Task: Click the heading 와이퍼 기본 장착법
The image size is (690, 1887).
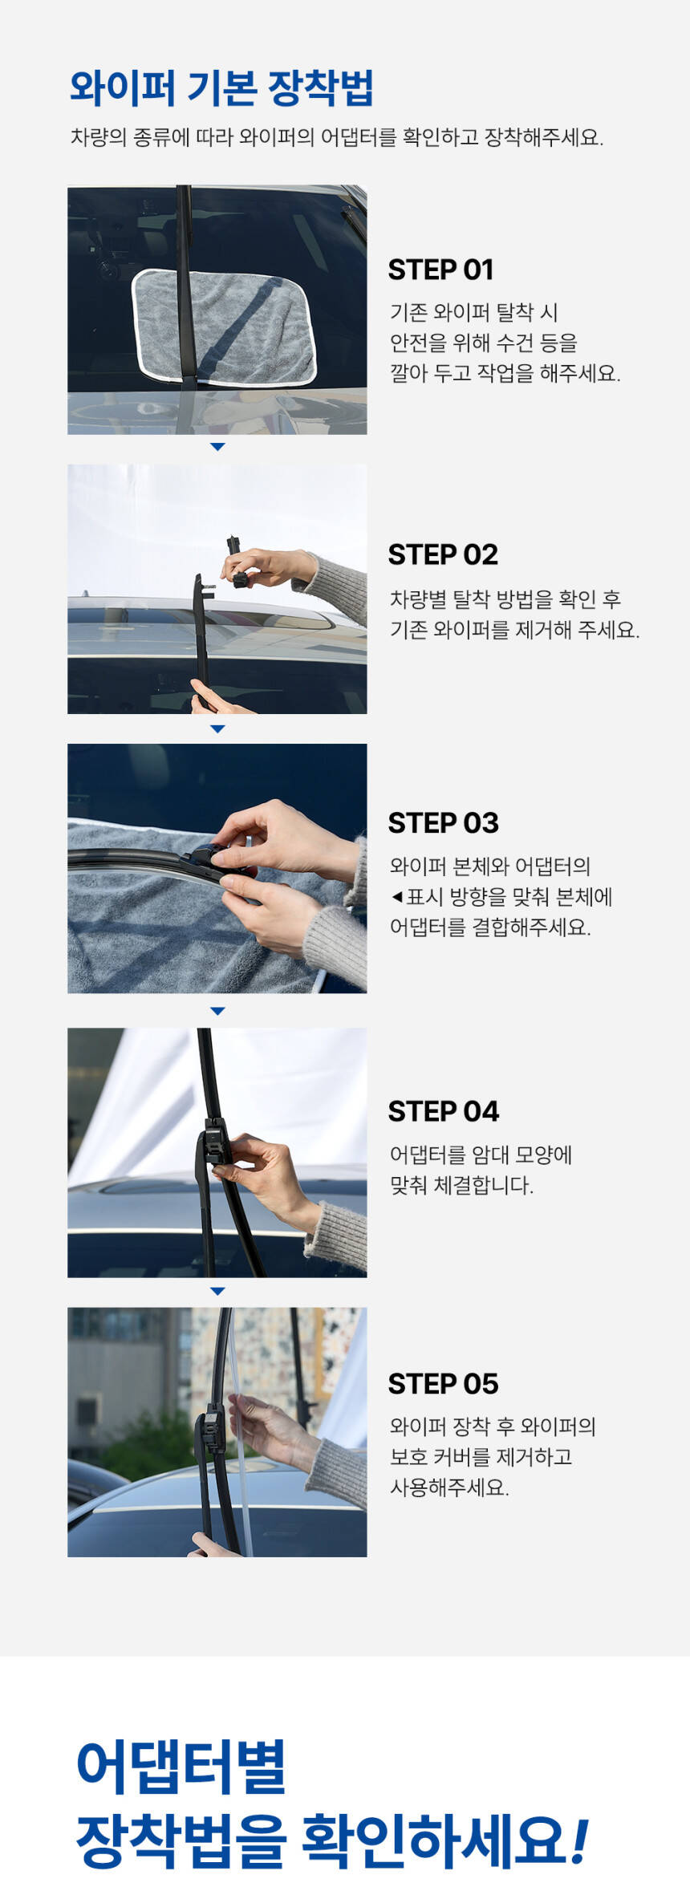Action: [221, 88]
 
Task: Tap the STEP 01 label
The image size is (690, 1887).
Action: [440, 270]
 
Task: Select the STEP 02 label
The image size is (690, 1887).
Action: [443, 554]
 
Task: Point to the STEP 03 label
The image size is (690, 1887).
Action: [444, 823]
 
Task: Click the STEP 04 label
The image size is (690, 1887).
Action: [444, 1112]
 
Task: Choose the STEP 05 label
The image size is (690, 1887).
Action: [444, 1384]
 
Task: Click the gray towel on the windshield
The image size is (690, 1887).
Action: [225, 327]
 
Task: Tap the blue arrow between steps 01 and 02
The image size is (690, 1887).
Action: [217, 447]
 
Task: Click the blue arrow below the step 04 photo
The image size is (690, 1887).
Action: [217, 1291]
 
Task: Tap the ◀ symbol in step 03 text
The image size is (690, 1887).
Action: [397, 897]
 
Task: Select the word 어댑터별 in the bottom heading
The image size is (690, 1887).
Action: [181, 1767]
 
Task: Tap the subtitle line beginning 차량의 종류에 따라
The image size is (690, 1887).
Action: [337, 137]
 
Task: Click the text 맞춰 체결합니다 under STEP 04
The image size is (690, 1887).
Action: [461, 1186]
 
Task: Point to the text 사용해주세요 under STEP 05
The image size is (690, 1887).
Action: [449, 1487]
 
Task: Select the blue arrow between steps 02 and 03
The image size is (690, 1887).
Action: [217, 729]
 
